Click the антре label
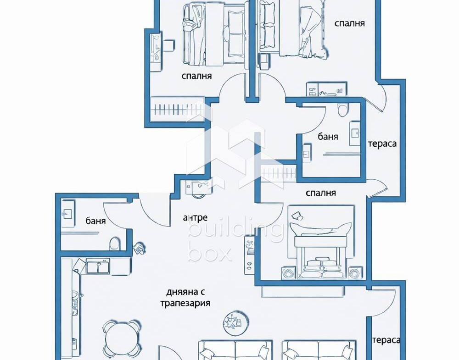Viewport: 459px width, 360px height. tap(195, 217)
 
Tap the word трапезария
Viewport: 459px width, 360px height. tap(185, 303)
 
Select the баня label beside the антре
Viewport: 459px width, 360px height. tap(96, 221)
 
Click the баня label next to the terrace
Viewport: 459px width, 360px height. tap(328, 136)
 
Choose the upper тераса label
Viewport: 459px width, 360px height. tap(382, 144)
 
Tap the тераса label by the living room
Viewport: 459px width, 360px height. tap(386, 340)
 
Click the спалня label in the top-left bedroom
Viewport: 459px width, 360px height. tap(196, 76)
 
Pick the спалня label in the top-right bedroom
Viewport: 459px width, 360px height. tap(349, 23)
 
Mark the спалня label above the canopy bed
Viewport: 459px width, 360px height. tap(320, 193)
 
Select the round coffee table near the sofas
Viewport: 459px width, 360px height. tap(235, 323)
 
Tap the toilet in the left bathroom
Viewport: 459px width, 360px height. tap(115, 244)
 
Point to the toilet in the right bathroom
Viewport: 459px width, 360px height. tap(342, 110)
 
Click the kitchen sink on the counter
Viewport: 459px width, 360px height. tap(98, 266)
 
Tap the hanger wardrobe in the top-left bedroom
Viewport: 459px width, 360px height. tap(177, 109)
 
